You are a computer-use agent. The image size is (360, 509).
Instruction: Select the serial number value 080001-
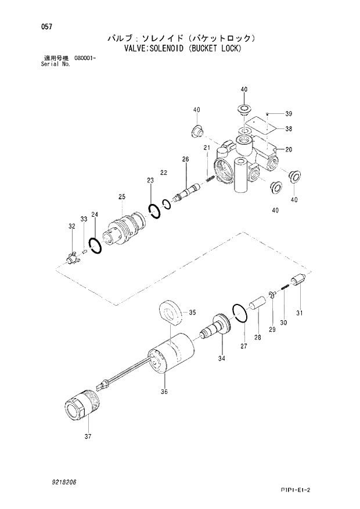[85, 59]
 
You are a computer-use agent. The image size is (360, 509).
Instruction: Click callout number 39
[289, 113]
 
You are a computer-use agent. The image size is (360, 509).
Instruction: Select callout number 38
[289, 128]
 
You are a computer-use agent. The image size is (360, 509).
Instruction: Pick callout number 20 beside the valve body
[289, 149]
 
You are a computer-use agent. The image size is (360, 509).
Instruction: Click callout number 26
[185, 159]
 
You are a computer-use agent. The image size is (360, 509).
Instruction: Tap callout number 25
[122, 198]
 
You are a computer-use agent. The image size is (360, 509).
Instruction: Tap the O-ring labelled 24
[95, 245]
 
